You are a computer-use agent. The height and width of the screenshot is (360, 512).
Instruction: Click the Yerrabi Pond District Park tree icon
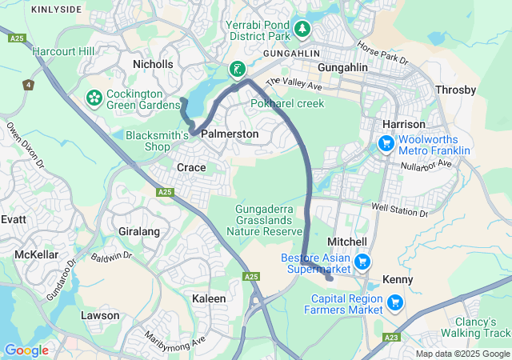(302, 30)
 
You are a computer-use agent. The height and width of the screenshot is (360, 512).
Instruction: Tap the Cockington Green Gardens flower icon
(94, 98)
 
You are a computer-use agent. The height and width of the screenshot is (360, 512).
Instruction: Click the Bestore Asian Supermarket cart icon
(362, 262)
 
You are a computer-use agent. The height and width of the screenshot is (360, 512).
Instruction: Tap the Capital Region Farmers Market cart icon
(394, 302)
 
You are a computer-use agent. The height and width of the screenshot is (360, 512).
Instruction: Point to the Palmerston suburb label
(230, 134)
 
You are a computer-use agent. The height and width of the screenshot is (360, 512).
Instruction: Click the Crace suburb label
(191, 167)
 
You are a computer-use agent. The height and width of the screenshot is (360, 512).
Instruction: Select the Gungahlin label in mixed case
(342, 68)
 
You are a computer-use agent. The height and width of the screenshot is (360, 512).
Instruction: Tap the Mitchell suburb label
(347, 242)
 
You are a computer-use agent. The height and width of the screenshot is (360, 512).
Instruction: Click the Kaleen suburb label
(209, 298)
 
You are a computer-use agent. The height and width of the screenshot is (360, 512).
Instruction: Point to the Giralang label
(139, 231)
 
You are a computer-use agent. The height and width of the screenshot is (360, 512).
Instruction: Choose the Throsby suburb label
(455, 90)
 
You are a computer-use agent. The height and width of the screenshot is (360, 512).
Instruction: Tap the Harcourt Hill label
(63, 51)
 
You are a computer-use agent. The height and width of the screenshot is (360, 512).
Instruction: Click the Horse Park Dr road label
(382, 54)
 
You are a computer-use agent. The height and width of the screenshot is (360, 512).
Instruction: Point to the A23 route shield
(392, 338)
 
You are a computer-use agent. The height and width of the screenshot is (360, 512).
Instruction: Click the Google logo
(26, 350)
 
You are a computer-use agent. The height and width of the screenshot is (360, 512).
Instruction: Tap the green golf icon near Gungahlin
(238, 70)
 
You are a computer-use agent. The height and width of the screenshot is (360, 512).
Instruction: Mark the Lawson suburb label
(100, 315)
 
